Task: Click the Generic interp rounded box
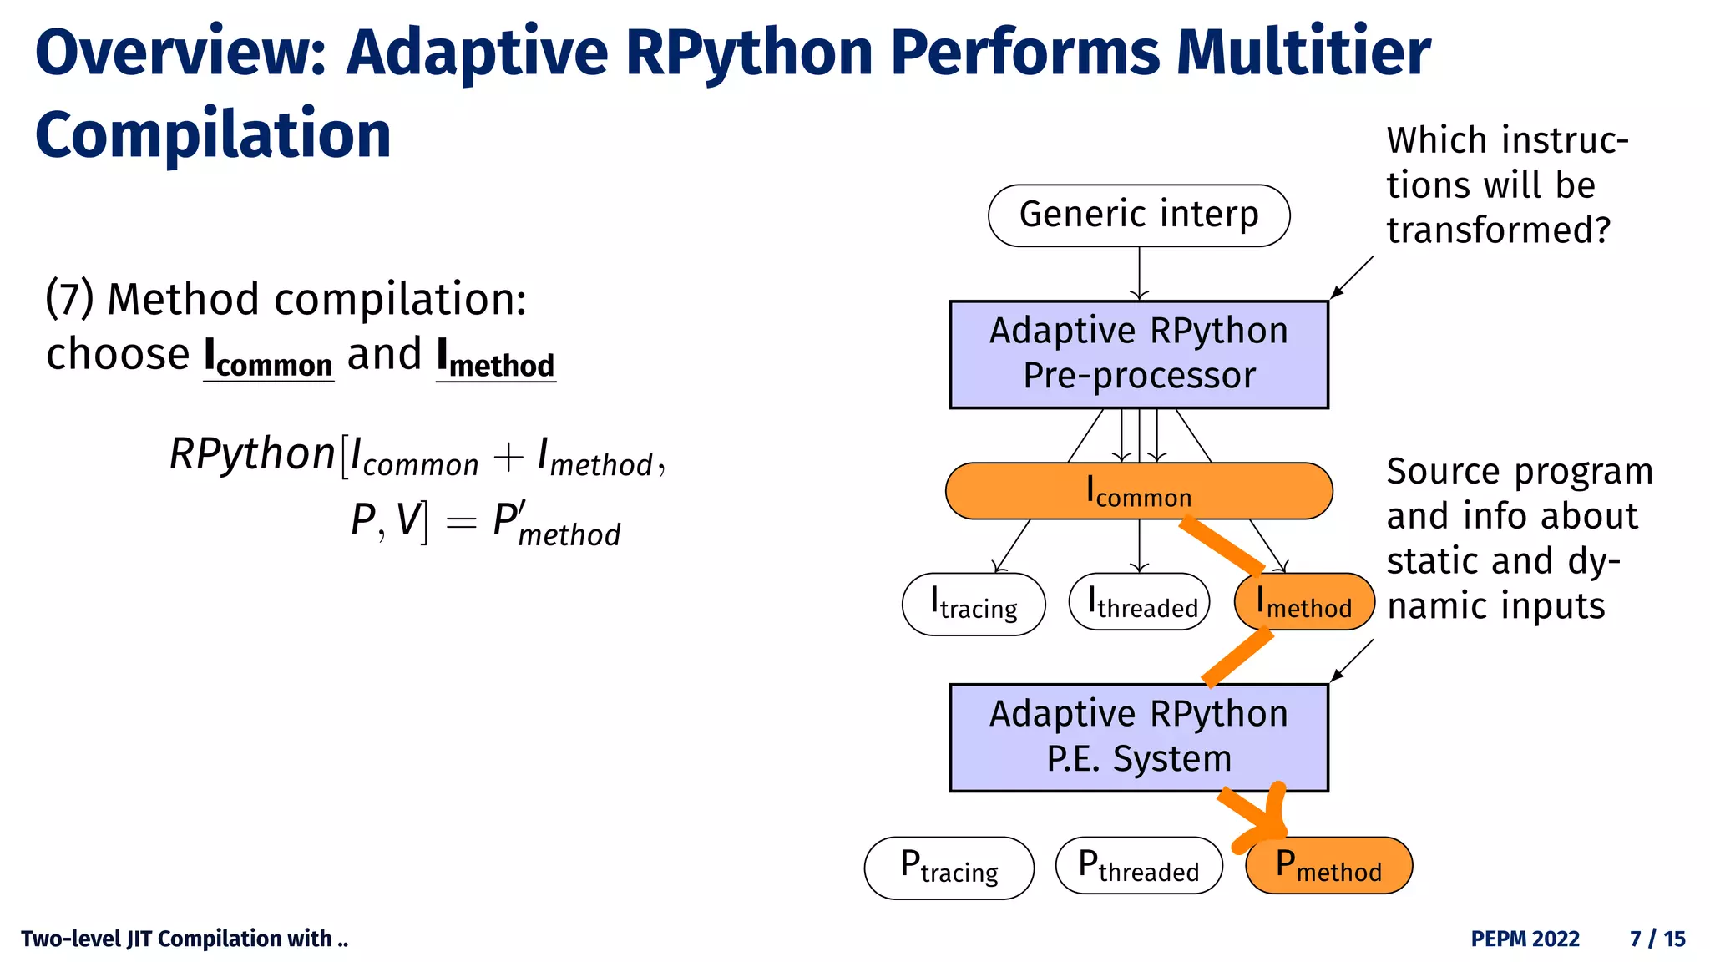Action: [1138, 215]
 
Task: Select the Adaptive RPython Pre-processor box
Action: [1138, 354]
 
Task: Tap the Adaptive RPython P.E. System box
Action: [1138, 737]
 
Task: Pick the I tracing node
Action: [974, 604]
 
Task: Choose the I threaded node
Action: [1139, 602]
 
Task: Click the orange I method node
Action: [1304, 602]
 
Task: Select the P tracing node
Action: [949, 868]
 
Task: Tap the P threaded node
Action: [1139, 866]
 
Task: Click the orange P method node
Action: [1328, 866]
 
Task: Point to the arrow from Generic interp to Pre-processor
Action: [1139, 273]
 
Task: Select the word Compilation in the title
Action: [213, 135]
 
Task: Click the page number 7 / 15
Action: [1657, 939]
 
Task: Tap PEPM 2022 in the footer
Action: [1525, 939]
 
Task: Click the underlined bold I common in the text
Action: [268, 357]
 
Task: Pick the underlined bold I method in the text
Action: [495, 357]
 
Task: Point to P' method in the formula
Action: [555, 524]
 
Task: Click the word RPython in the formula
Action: [252, 455]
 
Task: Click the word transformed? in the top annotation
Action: [1498, 230]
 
